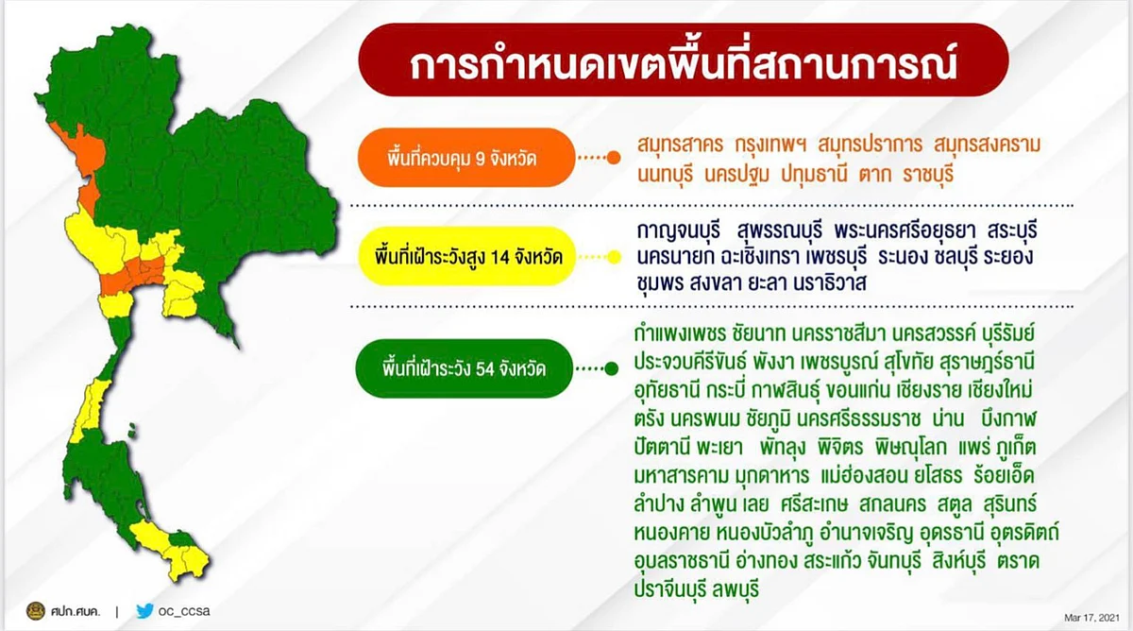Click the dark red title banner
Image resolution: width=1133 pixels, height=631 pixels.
684,60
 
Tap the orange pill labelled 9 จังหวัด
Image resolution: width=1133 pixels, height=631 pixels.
465,158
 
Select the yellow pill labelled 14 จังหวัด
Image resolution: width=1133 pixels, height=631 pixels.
466,257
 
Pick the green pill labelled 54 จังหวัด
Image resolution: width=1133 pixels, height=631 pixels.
464,368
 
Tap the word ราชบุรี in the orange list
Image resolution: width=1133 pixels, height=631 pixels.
928,175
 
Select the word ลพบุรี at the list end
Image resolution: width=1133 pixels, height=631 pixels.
736,589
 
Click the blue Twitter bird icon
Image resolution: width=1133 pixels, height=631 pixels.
144,611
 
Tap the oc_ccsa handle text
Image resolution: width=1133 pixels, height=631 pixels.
184,611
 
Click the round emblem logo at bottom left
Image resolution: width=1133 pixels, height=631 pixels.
36,611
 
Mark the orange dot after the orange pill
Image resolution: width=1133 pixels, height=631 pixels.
614,158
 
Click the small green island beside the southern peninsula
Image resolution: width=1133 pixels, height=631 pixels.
132,431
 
